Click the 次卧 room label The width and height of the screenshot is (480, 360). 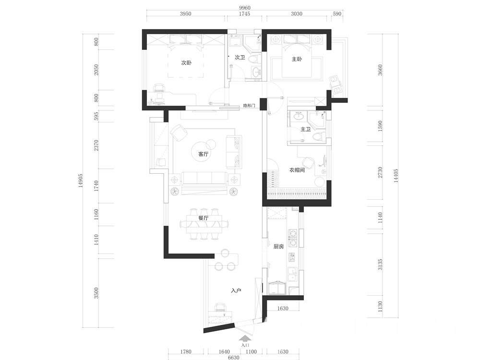tap(186, 63)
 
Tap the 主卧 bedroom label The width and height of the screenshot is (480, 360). tap(297, 59)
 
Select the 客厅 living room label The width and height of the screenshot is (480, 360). tap(203, 154)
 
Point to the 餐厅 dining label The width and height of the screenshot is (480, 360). tap(203, 218)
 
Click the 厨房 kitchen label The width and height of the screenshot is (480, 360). tap(278, 246)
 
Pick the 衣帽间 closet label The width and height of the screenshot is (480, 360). tap(297, 170)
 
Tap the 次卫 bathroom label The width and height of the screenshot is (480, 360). tap(240, 57)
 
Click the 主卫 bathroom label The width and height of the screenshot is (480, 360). tap(305, 130)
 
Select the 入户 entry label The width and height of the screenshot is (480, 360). tap(236, 290)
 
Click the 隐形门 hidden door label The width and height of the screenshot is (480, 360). tap(249, 106)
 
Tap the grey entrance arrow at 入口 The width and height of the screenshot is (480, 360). tap(245, 338)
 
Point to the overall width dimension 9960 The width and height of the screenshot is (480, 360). tap(245, 8)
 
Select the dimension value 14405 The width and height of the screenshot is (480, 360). tap(396, 176)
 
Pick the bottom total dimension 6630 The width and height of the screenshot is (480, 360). tap(234, 357)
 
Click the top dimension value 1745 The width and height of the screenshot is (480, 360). tap(244, 14)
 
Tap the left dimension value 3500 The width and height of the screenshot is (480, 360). tap(96, 293)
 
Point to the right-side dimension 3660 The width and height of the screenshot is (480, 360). tap(380, 70)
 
